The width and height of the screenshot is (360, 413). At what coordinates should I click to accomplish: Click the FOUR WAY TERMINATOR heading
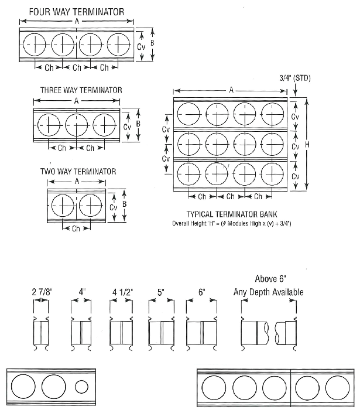(x=77, y=11)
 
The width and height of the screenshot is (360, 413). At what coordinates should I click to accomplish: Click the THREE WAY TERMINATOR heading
(x=81, y=90)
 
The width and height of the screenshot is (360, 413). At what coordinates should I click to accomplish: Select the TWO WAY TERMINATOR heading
(x=78, y=172)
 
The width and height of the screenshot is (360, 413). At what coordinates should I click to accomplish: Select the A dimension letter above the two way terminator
(x=76, y=181)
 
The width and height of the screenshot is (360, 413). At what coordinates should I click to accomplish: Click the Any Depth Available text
(x=268, y=291)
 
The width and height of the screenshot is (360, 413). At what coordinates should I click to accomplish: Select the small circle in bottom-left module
(x=81, y=387)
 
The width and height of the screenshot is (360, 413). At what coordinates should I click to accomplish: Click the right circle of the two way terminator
(x=90, y=206)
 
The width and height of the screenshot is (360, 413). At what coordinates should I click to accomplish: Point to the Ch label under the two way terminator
(x=76, y=228)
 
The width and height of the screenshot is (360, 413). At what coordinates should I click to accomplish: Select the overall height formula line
(x=232, y=223)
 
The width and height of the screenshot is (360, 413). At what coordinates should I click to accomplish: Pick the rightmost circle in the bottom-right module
(x=337, y=387)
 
